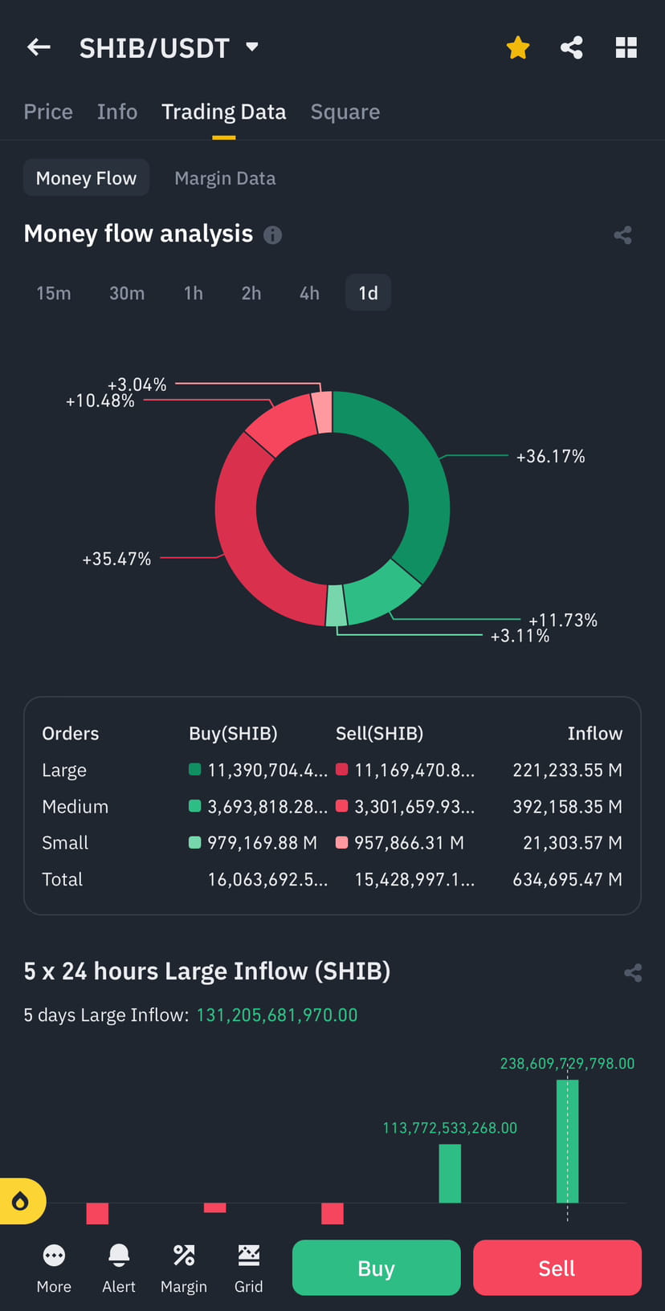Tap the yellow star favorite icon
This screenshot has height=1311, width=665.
coord(518,48)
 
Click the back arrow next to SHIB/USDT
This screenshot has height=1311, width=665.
coord(39,47)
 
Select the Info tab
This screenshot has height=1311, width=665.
coord(117,112)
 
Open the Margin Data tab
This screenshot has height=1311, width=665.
coord(225,178)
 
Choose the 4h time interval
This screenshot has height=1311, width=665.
coord(309,293)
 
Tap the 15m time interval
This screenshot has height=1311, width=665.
coord(54,293)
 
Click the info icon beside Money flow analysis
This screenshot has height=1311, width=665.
coord(273,234)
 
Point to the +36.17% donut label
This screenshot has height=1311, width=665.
coord(550,457)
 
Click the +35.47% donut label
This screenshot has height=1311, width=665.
coord(116,559)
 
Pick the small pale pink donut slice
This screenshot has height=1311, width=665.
coord(322,411)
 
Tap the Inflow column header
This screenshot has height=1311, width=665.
coord(594,734)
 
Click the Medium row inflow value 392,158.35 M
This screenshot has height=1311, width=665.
coord(567,807)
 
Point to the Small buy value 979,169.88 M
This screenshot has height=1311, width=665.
coord(262,843)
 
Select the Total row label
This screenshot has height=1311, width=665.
coord(63,880)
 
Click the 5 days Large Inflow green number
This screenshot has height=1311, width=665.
coord(277,1016)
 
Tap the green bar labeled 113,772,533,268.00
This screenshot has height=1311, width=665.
coord(450,1173)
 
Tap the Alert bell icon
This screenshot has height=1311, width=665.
coord(119,1256)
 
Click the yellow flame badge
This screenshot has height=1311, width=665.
coord(21,1201)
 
